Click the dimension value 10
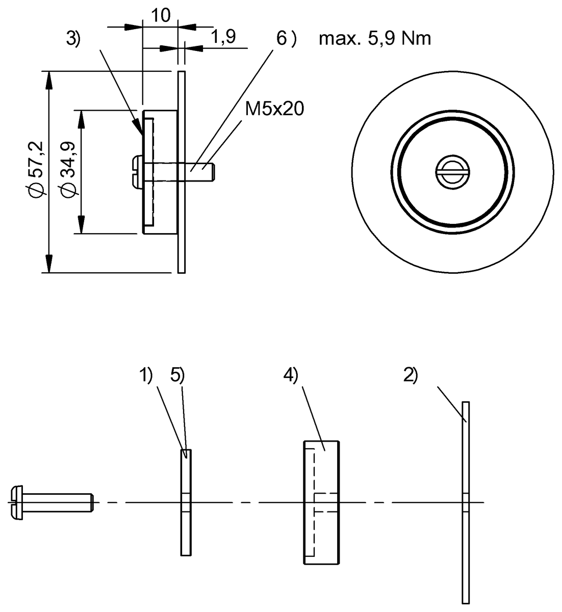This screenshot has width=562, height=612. coord(161,15)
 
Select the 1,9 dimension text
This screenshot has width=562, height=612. coord(222,37)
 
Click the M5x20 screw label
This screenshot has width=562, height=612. coord(274,109)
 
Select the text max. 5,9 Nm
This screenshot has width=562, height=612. coord(374,38)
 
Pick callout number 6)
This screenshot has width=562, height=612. coord(286,38)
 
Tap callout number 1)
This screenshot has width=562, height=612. coord(146,375)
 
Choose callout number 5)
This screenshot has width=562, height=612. coord(177,375)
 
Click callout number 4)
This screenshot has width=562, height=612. coord(291,375)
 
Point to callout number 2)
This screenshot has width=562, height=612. coord(411,375)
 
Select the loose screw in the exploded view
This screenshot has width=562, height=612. coord(51,502)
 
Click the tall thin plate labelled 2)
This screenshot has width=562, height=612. coord(465,502)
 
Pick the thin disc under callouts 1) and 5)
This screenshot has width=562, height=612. coord(186,502)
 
